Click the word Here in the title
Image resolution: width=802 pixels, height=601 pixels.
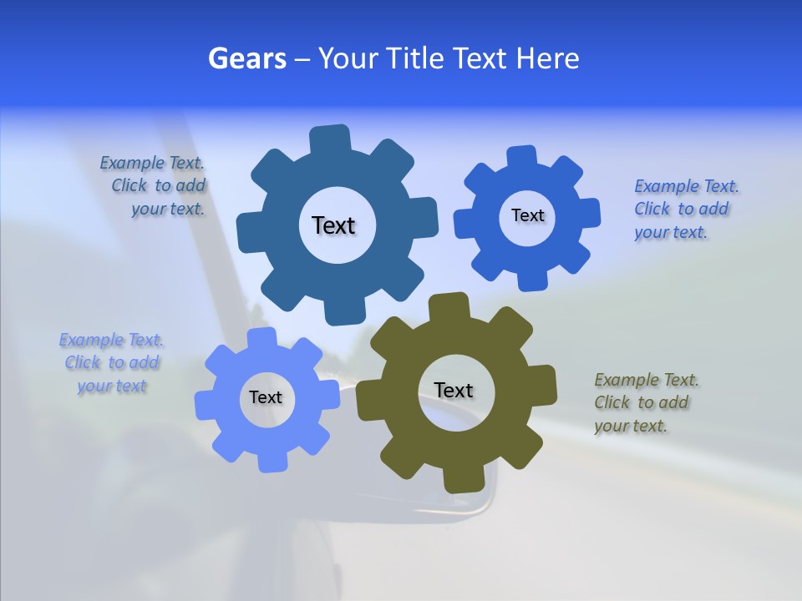point(547,58)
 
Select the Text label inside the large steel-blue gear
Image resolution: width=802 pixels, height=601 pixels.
point(333,225)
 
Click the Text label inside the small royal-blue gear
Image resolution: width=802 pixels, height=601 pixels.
point(527,215)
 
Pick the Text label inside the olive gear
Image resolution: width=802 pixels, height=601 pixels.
point(454,390)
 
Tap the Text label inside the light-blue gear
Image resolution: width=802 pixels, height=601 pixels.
point(266,397)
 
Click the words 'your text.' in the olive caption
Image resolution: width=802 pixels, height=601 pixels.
point(631,426)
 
